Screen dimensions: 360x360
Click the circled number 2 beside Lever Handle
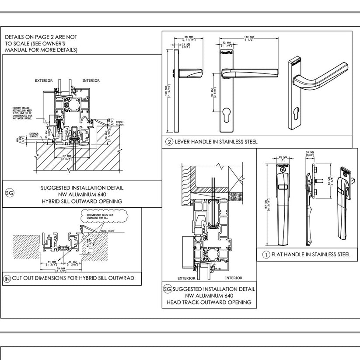[169, 142]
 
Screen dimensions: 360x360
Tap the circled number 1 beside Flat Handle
[266, 255]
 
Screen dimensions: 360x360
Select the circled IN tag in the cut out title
[7, 279]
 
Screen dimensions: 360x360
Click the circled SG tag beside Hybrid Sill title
[9, 192]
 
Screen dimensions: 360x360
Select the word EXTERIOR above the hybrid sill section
[44, 81]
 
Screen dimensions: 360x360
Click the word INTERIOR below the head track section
[233, 278]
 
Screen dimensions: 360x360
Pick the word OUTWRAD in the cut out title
[121, 279]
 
